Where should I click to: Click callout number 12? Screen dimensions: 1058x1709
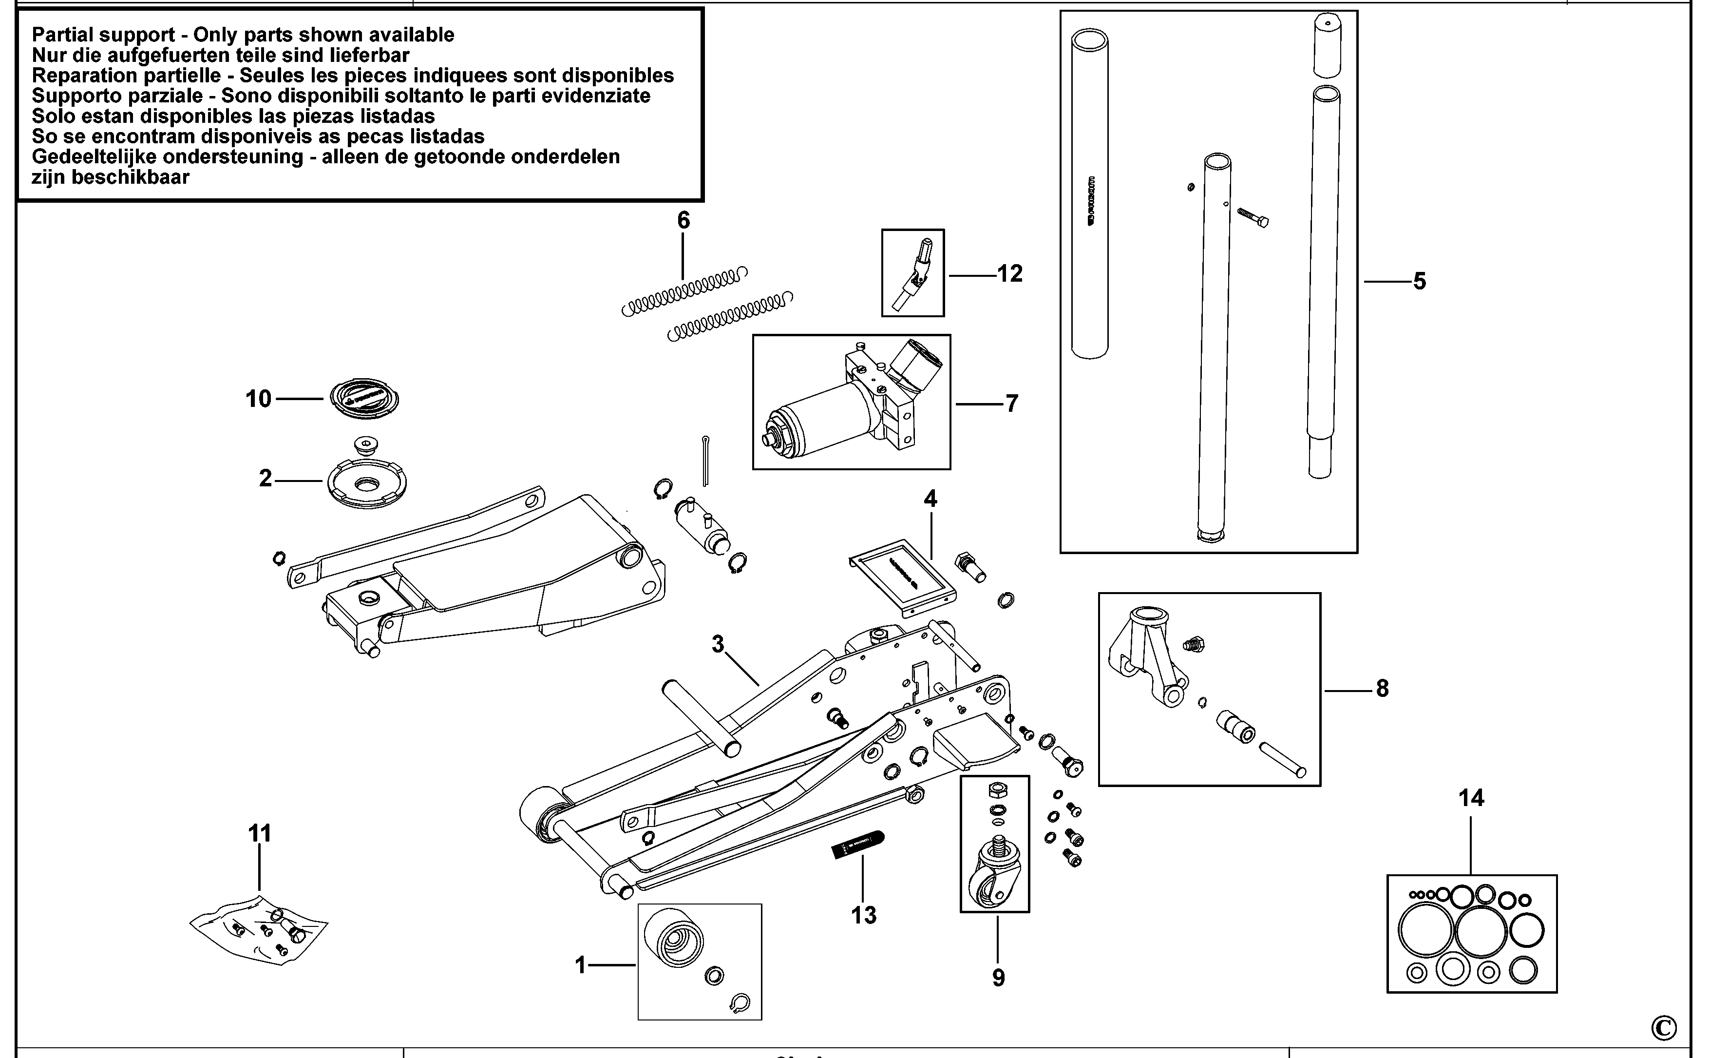click(1009, 273)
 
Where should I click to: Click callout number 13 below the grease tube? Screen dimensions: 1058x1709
click(863, 915)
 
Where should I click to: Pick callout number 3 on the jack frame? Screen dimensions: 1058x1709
click(718, 644)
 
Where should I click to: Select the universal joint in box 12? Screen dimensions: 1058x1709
click(915, 273)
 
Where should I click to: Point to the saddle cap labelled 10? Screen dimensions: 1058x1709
click(364, 400)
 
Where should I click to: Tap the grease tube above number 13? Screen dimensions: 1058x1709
click(857, 846)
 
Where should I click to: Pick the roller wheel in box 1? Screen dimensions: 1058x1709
click(672, 940)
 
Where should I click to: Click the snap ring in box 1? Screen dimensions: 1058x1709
click(740, 1003)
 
